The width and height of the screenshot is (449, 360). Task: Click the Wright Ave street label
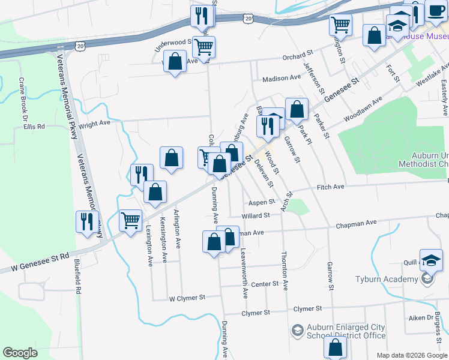pyautogui.click(x=95, y=124)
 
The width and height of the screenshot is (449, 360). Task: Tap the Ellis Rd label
pyautogui.click(x=34, y=127)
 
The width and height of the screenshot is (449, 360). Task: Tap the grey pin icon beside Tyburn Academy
pyautogui.click(x=427, y=279)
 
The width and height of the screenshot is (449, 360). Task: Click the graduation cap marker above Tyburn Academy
pyautogui.click(x=431, y=260)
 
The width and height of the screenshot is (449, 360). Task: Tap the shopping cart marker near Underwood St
pyautogui.click(x=204, y=46)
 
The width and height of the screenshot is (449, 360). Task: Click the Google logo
pyautogui.click(x=20, y=352)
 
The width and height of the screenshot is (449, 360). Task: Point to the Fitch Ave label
pyautogui.click(x=330, y=187)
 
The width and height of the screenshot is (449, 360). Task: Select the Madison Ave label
pyautogui.click(x=282, y=78)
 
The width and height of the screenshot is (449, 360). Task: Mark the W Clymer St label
pyautogui.click(x=187, y=297)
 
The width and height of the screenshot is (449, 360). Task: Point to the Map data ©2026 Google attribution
pyautogui.click(x=411, y=355)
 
